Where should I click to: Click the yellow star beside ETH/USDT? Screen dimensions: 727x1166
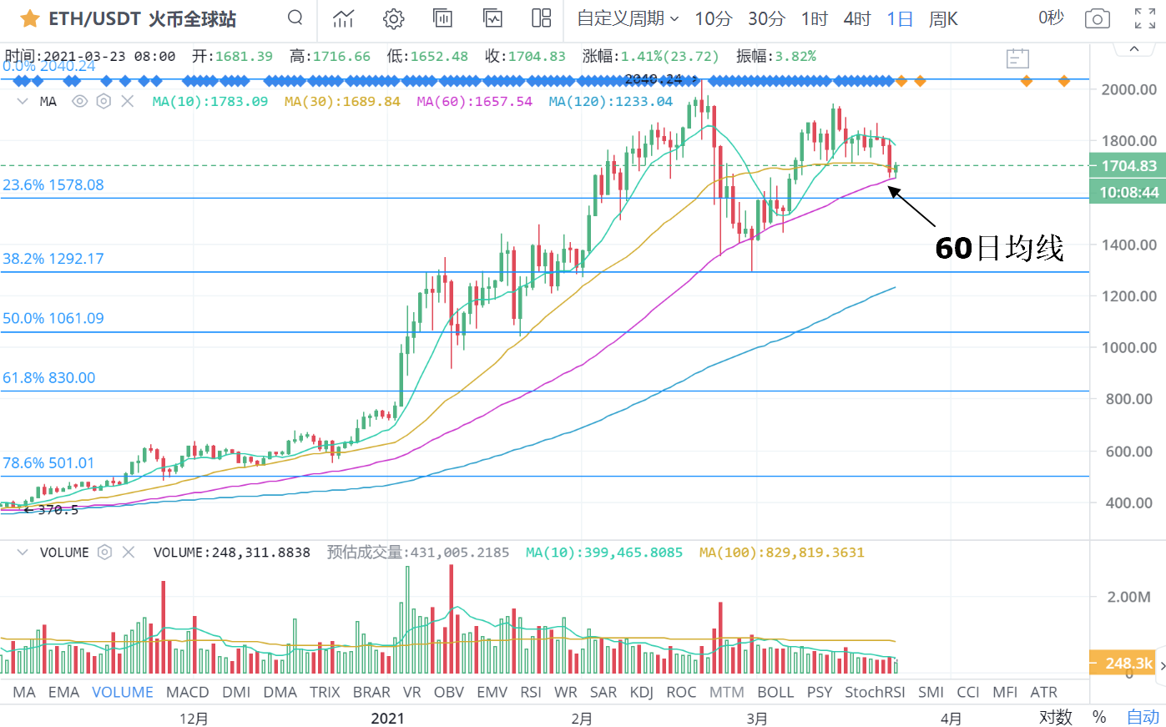point(30,18)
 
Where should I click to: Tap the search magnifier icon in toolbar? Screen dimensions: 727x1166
point(295,18)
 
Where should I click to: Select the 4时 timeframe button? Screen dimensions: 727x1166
point(856,18)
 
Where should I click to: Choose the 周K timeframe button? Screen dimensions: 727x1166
point(943,18)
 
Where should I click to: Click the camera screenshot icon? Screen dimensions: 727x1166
point(1097,18)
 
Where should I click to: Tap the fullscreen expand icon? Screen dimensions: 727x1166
point(1145,18)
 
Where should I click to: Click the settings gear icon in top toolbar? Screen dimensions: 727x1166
point(394,18)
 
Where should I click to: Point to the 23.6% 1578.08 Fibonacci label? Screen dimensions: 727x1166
point(53,185)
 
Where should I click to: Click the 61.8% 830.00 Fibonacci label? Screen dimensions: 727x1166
point(49,378)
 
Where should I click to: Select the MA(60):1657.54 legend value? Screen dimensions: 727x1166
point(474,101)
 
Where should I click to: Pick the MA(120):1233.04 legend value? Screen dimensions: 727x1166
point(610,101)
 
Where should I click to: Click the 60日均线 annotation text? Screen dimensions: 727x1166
point(999,248)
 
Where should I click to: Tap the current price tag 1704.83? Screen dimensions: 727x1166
point(1128,165)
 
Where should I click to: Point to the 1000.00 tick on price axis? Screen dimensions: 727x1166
point(1128,347)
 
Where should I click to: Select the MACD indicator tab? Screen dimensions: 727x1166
point(188,692)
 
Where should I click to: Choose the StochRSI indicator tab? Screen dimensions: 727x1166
point(875,692)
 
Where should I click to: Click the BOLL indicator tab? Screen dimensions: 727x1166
point(775,692)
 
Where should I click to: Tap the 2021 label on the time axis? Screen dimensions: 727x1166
point(387,719)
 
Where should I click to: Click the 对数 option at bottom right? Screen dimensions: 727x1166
point(1055,717)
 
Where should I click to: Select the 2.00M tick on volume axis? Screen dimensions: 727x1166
point(1129,597)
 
